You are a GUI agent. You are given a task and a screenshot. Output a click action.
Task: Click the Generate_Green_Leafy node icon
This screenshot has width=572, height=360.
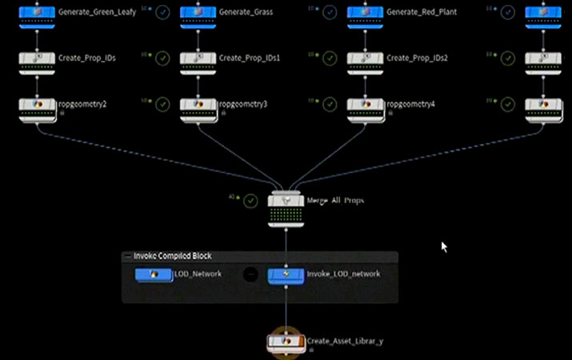click(x=37, y=14)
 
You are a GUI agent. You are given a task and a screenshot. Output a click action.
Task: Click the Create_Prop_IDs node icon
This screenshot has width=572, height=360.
click(x=37, y=58)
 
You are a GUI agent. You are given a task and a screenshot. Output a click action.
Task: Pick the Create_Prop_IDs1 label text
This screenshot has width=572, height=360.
click(x=249, y=58)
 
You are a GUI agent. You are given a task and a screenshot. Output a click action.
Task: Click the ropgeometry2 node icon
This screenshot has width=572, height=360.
click(x=37, y=105)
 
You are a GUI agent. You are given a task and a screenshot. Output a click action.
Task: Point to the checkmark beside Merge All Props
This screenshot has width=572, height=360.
click(x=250, y=201)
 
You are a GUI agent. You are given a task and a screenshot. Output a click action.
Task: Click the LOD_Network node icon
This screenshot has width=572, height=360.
click(x=154, y=274)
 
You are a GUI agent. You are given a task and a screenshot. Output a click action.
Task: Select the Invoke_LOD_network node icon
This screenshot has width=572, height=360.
click(x=286, y=274)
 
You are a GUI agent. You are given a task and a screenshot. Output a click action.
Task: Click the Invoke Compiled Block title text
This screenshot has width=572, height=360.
click(x=167, y=256)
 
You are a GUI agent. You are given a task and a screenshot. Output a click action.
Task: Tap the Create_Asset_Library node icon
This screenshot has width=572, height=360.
click(x=286, y=342)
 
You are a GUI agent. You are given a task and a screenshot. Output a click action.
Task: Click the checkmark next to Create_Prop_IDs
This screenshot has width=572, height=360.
click(x=162, y=58)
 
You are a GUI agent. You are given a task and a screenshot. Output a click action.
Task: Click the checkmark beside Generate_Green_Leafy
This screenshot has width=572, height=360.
click(x=162, y=13)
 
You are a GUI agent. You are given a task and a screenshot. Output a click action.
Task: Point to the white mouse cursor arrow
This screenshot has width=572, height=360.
click(x=444, y=246)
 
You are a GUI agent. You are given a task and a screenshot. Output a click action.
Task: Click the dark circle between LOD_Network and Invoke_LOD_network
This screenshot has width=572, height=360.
click(x=250, y=274)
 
